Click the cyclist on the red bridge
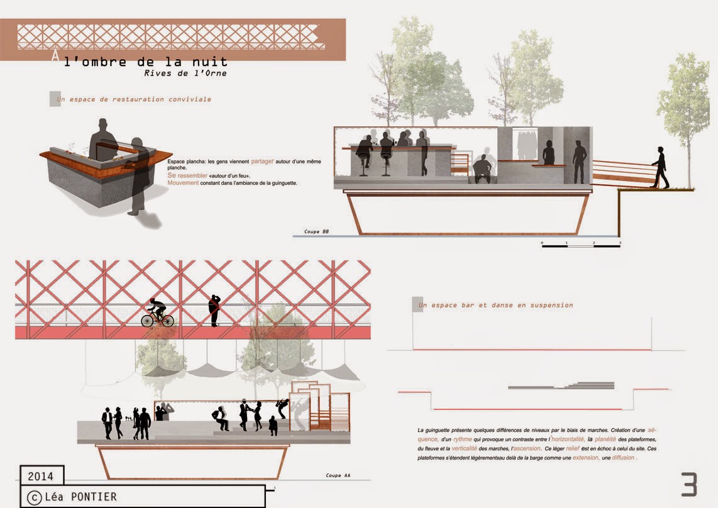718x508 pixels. (x=157, y=312)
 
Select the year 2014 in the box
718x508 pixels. (x=41, y=476)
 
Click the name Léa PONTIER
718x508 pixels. (x=80, y=497)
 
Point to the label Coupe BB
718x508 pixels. (x=316, y=232)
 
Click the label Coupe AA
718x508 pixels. (x=338, y=475)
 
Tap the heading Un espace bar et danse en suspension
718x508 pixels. (x=495, y=305)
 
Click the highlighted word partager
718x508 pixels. (x=263, y=161)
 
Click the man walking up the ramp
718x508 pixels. (x=660, y=167)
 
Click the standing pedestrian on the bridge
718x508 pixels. (x=215, y=310)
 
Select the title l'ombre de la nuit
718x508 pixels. (x=146, y=62)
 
